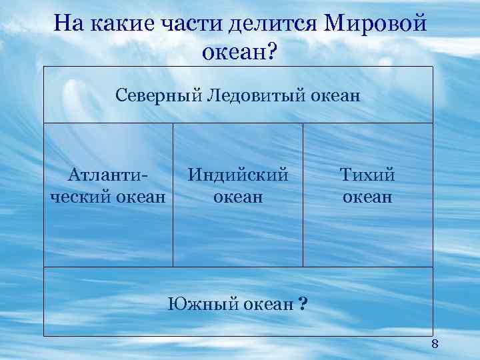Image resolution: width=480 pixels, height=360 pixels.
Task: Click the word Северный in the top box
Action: point(157,95)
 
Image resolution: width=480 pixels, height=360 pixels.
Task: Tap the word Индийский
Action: point(238,175)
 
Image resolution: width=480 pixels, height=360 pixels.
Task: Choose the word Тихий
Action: point(367,175)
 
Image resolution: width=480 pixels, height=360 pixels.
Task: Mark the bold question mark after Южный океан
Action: point(303,304)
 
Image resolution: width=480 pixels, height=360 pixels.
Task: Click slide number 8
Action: point(435,344)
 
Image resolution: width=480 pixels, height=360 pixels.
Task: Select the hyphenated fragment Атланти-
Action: point(108,175)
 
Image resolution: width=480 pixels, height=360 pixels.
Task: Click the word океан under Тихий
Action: point(367,197)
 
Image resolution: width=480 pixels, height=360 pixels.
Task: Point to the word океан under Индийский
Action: point(238,197)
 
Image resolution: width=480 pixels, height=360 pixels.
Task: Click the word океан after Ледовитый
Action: point(334,95)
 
